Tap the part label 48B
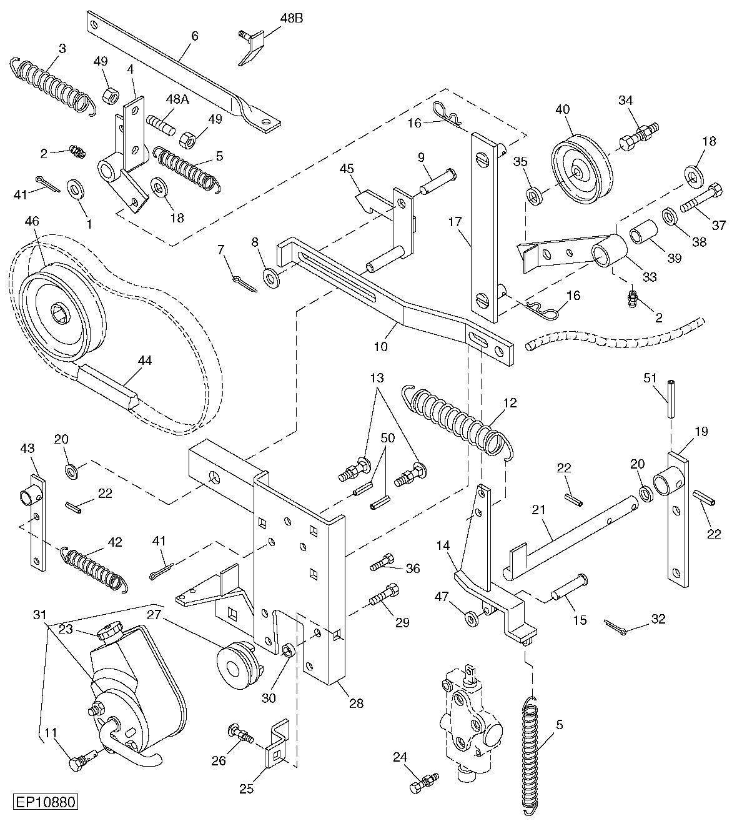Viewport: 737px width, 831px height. pyautogui.click(x=292, y=18)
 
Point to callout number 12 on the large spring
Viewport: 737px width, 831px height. pyautogui.click(x=510, y=403)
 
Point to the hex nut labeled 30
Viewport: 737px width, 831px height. pyautogui.click(x=288, y=650)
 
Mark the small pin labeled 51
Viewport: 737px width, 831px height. pyautogui.click(x=671, y=399)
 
